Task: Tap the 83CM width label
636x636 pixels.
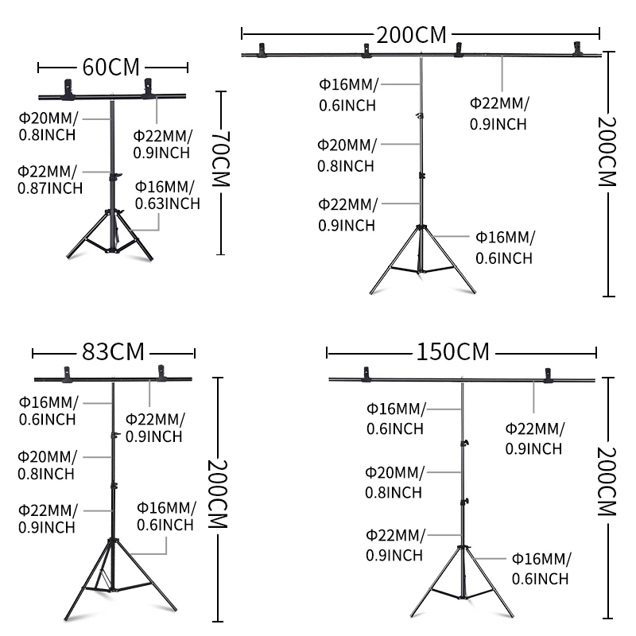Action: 114,351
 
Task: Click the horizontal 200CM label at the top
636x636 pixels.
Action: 413,34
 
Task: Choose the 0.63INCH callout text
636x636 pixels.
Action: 167,203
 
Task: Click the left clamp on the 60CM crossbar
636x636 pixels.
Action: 68,91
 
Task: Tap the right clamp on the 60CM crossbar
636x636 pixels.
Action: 149,89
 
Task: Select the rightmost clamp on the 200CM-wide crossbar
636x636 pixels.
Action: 578,51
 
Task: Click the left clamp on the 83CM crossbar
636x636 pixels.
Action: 67,373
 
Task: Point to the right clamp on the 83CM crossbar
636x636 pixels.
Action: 161,372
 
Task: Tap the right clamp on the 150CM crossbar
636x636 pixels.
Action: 548,374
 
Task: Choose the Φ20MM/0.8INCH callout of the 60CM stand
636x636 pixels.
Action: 48,126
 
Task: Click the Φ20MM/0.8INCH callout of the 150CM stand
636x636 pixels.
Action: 394,482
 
